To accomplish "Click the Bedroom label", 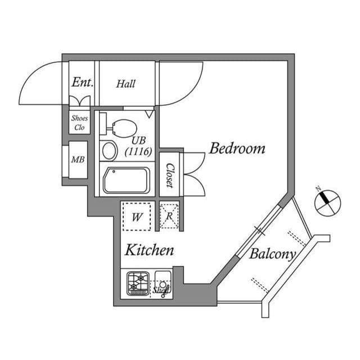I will point(237,149).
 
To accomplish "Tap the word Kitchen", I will point(148,250).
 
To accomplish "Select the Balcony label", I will point(272,254).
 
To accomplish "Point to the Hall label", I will point(126,84).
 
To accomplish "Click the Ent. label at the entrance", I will point(82,83).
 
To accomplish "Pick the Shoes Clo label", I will point(79,123).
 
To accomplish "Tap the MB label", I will point(78,160).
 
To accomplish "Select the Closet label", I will point(169,175).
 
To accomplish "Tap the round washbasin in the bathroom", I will point(109,150).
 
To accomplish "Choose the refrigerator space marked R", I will point(169,216).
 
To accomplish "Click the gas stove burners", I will point(138,282).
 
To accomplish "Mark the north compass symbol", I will point(327,203).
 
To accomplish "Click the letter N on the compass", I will point(318,189).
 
